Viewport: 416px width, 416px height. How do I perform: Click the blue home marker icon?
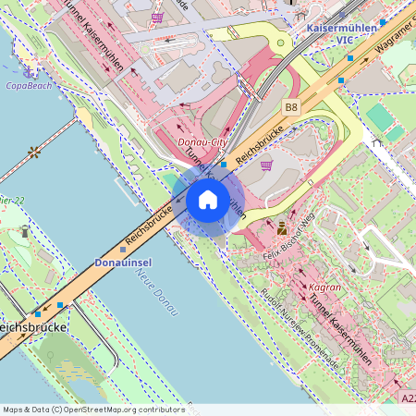pyautogui.click(x=208, y=200)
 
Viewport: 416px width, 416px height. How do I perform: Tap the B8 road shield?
pyautogui.click(x=292, y=108)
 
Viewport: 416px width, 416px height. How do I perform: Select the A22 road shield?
pyautogui.click(x=408, y=398)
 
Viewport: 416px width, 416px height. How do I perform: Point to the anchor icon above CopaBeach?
pyautogui.click(x=29, y=70)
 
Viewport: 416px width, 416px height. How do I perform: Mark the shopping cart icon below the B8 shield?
pyautogui.click(x=267, y=165)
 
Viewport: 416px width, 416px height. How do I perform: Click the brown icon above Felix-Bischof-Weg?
pyautogui.click(x=282, y=226)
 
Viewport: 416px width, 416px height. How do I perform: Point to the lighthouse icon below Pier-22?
pyautogui.click(x=25, y=230)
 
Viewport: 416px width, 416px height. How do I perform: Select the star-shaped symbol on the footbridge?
pyautogui.click(x=35, y=151)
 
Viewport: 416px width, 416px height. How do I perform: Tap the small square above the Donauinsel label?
pyautogui.click(x=122, y=249)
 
